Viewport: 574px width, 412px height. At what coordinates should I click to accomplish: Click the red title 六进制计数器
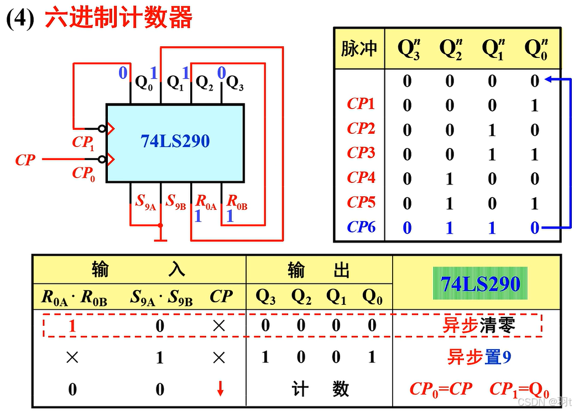[x=118, y=18]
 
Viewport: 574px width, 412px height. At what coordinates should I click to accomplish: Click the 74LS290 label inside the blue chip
[x=175, y=141]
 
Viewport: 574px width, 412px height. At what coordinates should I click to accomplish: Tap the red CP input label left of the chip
[x=25, y=160]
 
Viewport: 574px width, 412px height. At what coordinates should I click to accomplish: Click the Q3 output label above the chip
[x=235, y=83]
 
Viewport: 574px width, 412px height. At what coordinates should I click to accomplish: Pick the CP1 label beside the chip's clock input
[x=82, y=142]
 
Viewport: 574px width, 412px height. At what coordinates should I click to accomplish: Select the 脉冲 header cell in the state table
[x=359, y=49]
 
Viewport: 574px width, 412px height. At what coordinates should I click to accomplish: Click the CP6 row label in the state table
[x=361, y=227]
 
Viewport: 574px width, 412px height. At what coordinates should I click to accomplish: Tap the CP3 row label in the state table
[x=361, y=153]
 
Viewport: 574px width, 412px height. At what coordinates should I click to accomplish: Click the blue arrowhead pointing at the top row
[x=549, y=81]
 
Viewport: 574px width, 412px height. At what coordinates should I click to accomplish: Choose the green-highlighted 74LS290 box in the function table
[x=480, y=284]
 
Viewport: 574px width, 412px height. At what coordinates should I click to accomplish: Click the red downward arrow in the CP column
[x=220, y=389]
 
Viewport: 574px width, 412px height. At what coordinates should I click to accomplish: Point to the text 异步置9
[x=479, y=357]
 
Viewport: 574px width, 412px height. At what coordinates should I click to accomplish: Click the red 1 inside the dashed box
[x=72, y=326]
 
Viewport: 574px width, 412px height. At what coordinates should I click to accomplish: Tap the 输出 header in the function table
[x=319, y=270]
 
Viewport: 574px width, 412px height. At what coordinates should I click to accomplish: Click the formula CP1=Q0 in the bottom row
[x=519, y=389]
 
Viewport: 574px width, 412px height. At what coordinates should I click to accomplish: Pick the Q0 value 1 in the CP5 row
[x=534, y=203]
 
